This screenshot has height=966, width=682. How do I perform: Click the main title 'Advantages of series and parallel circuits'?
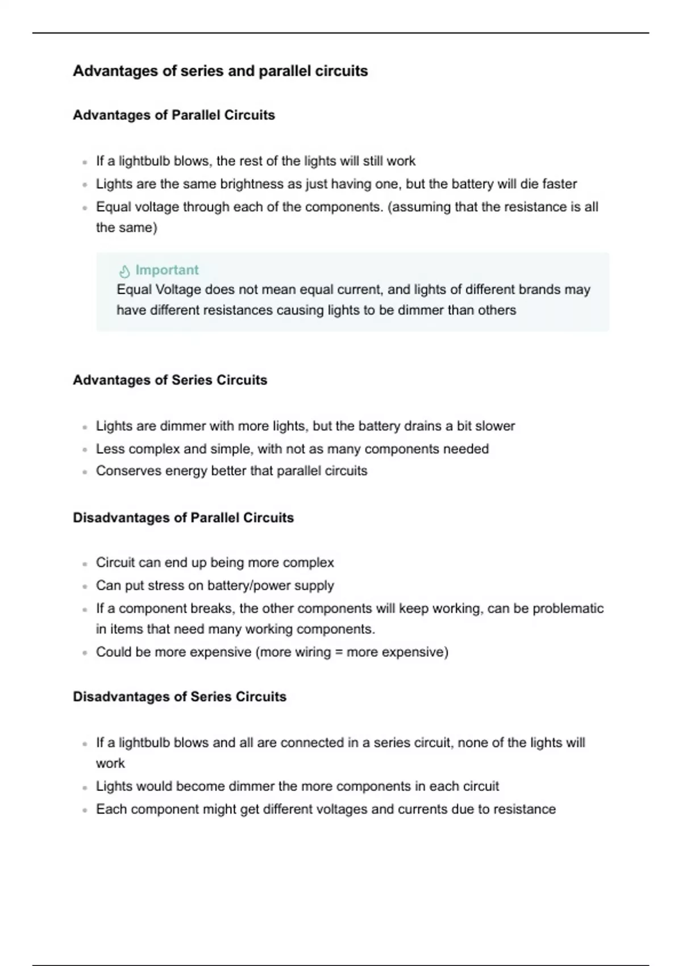pyautogui.click(x=220, y=71)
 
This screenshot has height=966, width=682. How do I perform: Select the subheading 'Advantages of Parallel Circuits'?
pyautogui.click(x=173, y=115)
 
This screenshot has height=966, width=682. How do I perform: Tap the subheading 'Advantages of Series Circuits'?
pyautogui.click(x=169, y=380)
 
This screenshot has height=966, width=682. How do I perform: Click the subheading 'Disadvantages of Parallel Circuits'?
pyautogui.click(x=183, y=518)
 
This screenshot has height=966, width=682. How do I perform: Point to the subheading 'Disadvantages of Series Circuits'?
pyautogui.click(x=179, y=697)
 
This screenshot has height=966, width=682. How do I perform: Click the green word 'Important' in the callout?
pyautogui.click(x=167, y=270)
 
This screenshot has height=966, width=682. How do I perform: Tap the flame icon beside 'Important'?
pyautogui.click(x=124, y=270)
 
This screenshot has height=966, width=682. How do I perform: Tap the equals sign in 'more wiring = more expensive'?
pyautogui.click(x=339, y=652)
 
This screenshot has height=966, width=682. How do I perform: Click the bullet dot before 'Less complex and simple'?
pyautogui.click(x=85, y=449)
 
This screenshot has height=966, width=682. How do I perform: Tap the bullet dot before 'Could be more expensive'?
pyautogui.click(x=85, y=653)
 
